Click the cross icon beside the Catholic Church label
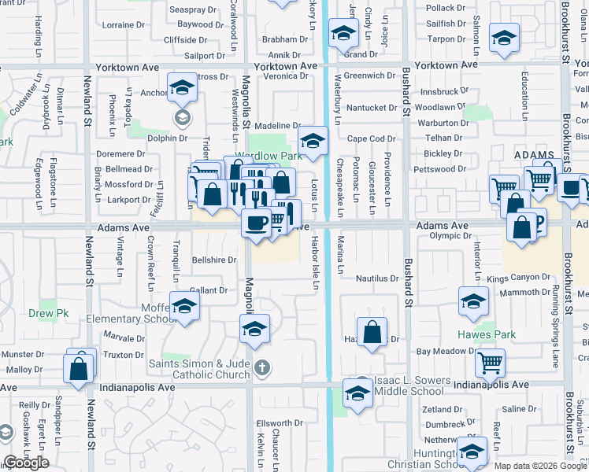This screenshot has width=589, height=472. point(261,367)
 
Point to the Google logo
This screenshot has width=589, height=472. point(26,463)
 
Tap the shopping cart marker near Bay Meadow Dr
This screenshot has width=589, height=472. point(490,362)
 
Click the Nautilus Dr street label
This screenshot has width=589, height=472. point(377,278)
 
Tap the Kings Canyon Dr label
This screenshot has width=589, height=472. point(518,278)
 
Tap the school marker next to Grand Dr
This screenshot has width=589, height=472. point(342,34)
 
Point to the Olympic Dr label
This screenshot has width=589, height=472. point(450,235)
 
